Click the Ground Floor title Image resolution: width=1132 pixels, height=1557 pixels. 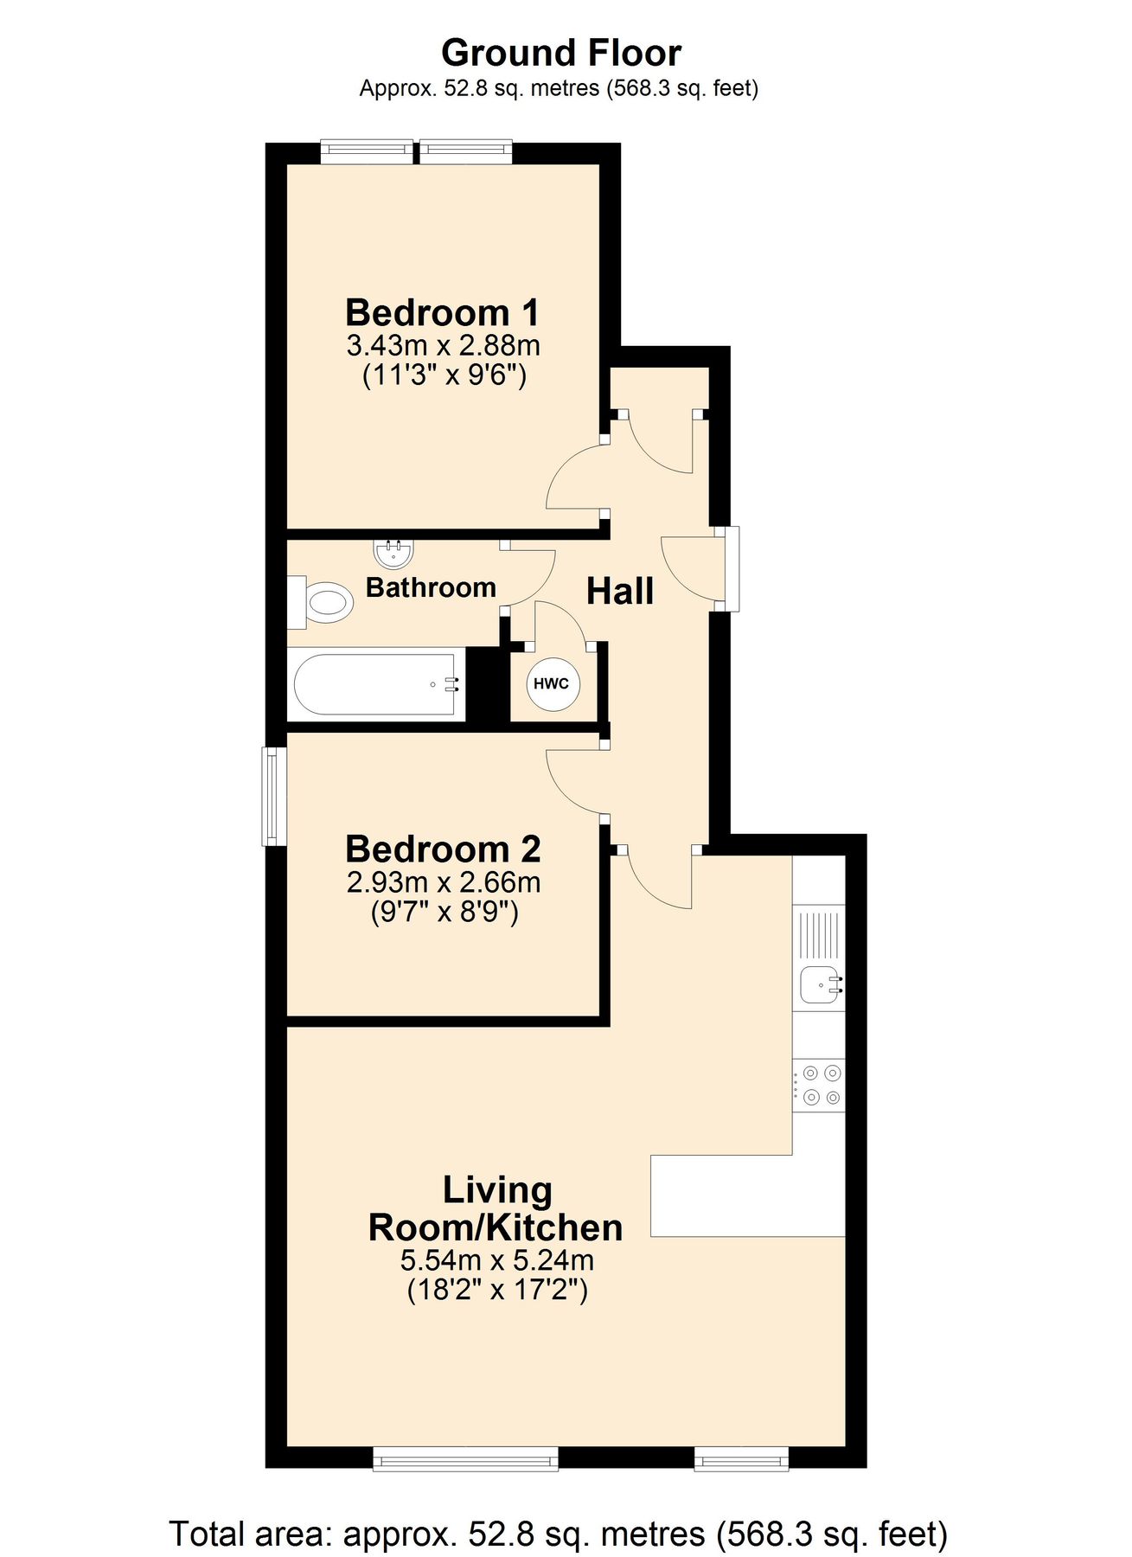click(x=560, y=54)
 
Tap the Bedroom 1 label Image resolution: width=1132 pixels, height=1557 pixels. click(x=442, y=312)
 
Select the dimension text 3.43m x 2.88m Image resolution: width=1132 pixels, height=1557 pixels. click(x=443, y=345)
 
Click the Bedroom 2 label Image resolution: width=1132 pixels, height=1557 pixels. click(x=443, y=849)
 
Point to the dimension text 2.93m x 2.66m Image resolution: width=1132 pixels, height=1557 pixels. click(x=443, y=882)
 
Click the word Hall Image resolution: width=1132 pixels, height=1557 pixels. click(x=619, y=592)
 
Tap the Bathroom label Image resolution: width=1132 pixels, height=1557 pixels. click(x=431, y=588)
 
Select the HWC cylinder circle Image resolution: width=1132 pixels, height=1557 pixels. click(x=553, y=684)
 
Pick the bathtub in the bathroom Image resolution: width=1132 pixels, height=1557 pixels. click(x=375, y=684)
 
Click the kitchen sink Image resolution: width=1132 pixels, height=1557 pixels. click(x=820, y=984)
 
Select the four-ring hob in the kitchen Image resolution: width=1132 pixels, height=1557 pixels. click(x=820, y=1086)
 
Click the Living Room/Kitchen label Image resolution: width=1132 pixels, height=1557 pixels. click(x=496, y=1209)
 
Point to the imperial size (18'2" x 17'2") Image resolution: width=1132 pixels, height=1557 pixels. click(x=497, y=1291)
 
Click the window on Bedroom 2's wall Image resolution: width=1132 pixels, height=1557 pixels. click(x=274, y=796)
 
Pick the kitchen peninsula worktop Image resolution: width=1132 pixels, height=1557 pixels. click(x=747, y=1195)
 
